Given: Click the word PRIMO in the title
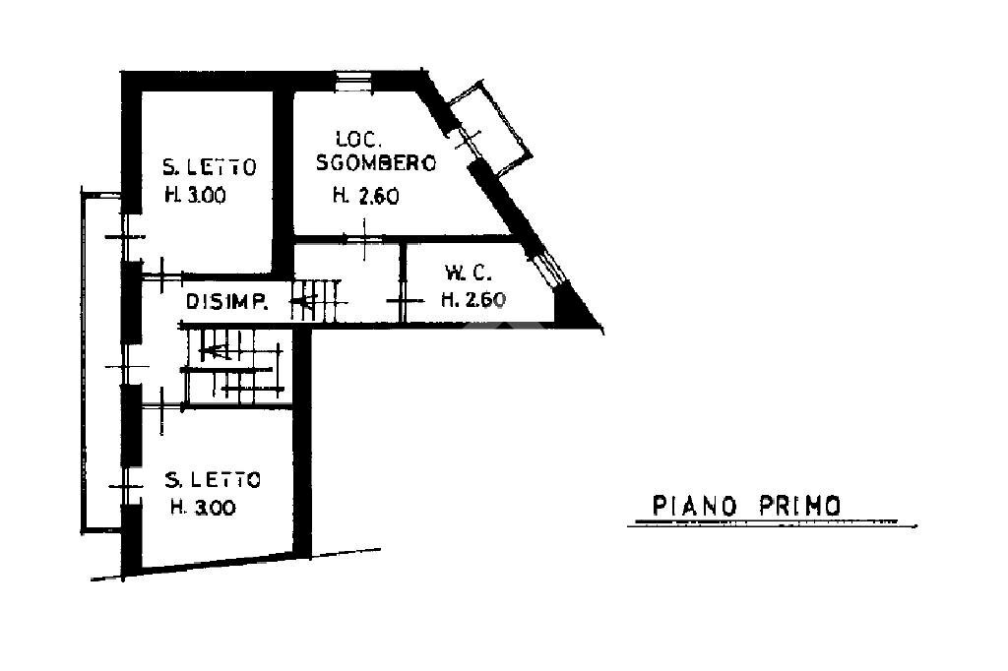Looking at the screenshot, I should [x=800, y=506].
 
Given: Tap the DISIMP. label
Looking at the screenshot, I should [x=227, y=302].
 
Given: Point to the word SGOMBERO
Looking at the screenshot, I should [x=375, y=164].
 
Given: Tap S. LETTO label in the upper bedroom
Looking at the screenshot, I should [x=210, y=166].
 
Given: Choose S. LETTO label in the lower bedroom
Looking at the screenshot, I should [x=213, y=480].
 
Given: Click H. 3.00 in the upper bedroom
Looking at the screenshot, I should [x=195, y=195].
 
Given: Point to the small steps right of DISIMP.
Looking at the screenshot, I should [x=319, y=299].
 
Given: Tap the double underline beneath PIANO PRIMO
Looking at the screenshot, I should [x=774, y=523].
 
